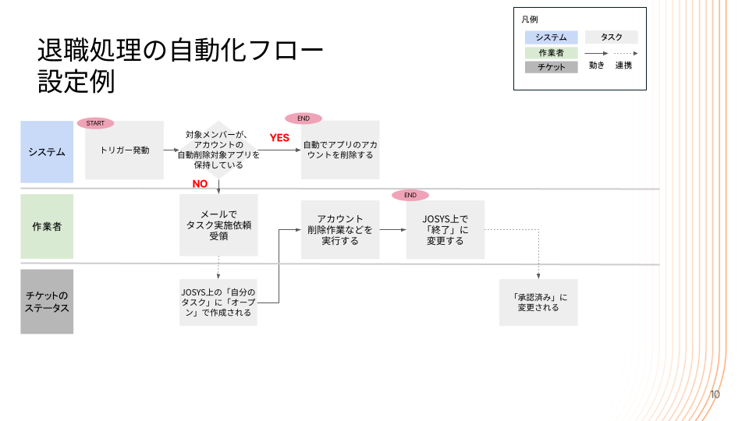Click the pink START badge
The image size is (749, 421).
(95, 123)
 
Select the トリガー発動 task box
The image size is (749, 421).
(124, 150)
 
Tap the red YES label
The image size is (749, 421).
(279, 138)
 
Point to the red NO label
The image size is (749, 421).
(200, 184)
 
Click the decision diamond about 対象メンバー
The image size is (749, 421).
(218, 150)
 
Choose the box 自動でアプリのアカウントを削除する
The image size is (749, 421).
(339, 150)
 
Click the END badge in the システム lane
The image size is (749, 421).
(304, 119)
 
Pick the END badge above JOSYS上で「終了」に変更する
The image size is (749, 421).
(410, 195)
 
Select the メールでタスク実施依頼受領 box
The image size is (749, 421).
(218, 225)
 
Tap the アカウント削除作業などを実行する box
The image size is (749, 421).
(340, 230)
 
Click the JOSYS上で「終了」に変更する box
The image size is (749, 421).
(445, 230)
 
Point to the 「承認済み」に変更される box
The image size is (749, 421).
(538, 302)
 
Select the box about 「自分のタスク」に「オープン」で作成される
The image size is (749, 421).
(218, 302)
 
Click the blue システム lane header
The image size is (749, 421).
(47, 151)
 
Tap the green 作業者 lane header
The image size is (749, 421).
(47, 227)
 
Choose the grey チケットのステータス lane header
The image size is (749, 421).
(47, 302)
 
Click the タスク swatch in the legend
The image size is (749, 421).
(612, 37)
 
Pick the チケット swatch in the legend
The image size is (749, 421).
(551, 67)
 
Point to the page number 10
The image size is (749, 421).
(715, 394)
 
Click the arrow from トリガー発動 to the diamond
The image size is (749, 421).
(172, 150)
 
